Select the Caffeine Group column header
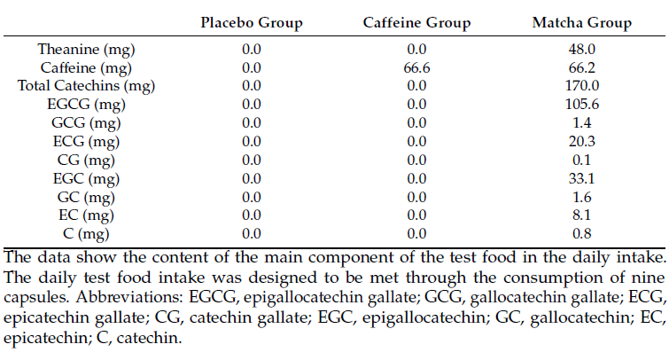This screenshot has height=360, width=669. [416, 23]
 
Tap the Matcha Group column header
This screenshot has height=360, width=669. [582, 23]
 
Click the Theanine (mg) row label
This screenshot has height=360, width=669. [87, 51]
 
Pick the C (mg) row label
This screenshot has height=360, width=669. [87, 233]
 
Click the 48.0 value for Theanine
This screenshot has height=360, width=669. [582, 51]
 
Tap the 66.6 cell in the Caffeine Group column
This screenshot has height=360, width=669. [416, 68]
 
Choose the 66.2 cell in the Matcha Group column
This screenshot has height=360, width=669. [582, 68]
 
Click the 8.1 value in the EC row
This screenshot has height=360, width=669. [582, 215]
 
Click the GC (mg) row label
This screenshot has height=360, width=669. [87, 196]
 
